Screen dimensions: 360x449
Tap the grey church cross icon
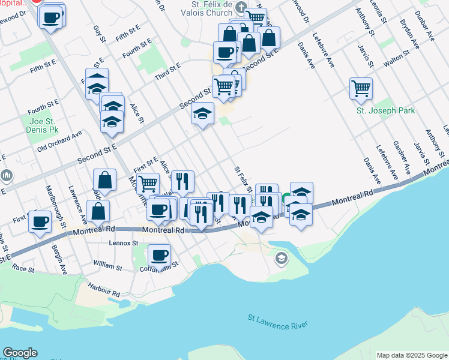pyautogui.click(x=242, y=8)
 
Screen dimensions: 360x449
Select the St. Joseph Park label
pyautogui.click(x=385, y=110)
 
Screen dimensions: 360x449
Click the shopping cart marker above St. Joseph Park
pyautogui.click(x=361, y=88)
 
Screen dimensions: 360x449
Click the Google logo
pyautogui.click(x=20, y=353)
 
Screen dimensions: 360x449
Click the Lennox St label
pyautogui.click(x=124, y=244)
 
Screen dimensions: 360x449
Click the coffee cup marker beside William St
pyautogui.click(x=159, y=254)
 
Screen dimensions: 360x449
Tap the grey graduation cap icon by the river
pyautogui.click(x=280, y=259)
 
